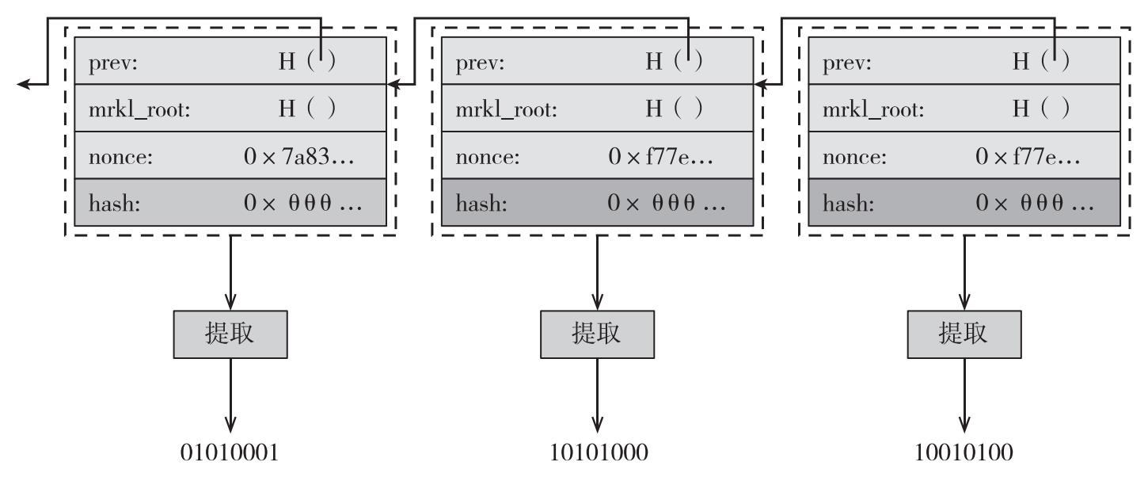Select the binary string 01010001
[x=230, y=453]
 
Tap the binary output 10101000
[x=599, y=453]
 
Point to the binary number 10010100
[x=965, y=453]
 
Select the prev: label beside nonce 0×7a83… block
[x=113, y=63]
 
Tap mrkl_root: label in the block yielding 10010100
[x=874, y=109]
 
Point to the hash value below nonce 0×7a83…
[x=303, y=204]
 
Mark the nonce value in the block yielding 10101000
[x=660, y=156]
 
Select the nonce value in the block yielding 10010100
[x=1028, y=156]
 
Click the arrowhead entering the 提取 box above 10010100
[x=964, y=302]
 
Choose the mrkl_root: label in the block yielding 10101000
[x=507, y=109]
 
